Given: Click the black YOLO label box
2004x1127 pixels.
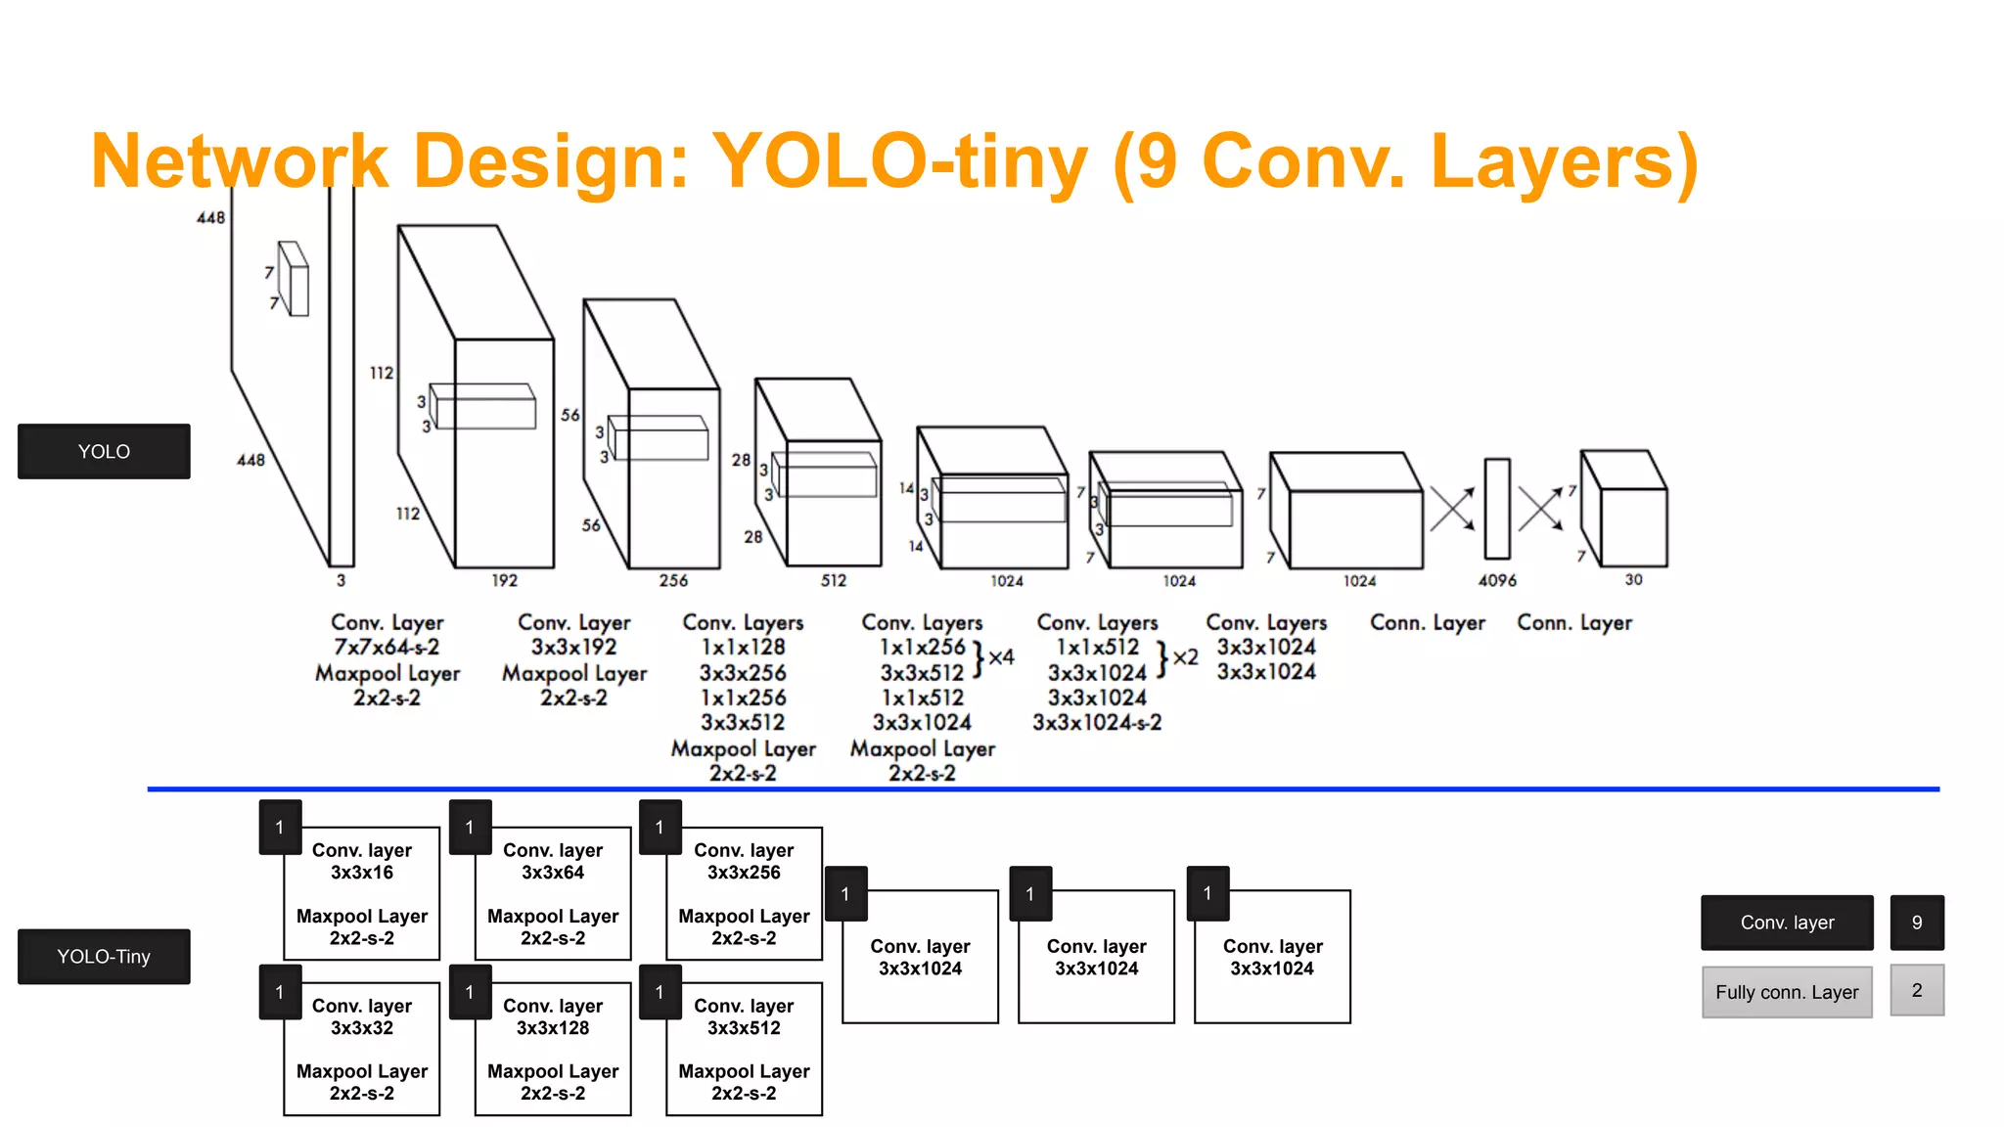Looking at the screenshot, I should pos(104,451).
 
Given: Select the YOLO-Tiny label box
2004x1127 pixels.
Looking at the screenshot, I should pos(104,956).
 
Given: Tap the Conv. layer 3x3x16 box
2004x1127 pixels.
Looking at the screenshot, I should pos(362,893).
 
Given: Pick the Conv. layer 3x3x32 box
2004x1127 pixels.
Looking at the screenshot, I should pos(362,1049).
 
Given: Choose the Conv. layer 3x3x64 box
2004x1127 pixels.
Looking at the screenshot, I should pos(553,893).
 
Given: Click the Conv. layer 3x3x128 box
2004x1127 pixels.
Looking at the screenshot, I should pos(553,1049).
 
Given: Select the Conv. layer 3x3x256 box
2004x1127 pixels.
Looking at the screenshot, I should pos(744,893).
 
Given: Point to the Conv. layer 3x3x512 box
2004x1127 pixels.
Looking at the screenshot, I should pos(744,1049).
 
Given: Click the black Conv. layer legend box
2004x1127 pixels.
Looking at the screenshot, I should pos(1787,923).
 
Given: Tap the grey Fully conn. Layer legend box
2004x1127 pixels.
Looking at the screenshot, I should pos(1787,992).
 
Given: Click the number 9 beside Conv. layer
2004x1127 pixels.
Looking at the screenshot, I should pos(1917,923).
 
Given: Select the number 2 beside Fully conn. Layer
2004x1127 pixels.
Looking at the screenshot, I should pos(1917,990).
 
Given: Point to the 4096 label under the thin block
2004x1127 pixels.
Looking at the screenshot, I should pos(1497,580).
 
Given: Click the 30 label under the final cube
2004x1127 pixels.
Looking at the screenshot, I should pos(1633,579).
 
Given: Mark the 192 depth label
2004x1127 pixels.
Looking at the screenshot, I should pos(504,580).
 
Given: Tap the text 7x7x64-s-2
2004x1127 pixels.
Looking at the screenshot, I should pos(387,648).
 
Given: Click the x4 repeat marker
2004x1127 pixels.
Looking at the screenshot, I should pos(1000,657).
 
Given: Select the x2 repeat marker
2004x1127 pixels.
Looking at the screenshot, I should pos(1184,657).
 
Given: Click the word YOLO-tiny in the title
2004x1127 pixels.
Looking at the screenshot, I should pos(899,161).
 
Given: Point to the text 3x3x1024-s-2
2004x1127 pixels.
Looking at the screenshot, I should pos(1097,723).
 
